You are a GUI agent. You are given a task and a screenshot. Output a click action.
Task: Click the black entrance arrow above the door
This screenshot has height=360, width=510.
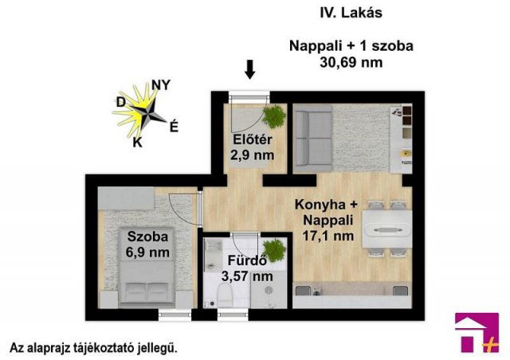[x=250, y=70]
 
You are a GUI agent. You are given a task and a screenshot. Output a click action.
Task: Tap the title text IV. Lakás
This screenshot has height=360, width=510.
[x=350, y=13]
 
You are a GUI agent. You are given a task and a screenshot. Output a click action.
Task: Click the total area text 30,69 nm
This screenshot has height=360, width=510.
[x=350, y=61]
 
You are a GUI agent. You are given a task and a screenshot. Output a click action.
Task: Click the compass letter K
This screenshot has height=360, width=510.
[x=137, y=143]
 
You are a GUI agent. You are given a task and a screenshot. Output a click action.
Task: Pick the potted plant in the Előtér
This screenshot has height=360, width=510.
[x=273, y=117]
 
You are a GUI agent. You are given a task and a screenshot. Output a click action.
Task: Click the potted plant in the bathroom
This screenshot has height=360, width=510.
[x=274, y=251]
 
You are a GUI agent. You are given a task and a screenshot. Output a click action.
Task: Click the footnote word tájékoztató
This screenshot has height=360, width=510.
[x=104, y=348]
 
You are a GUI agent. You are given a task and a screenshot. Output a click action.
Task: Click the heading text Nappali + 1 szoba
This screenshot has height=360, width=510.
[x=350, y=46]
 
